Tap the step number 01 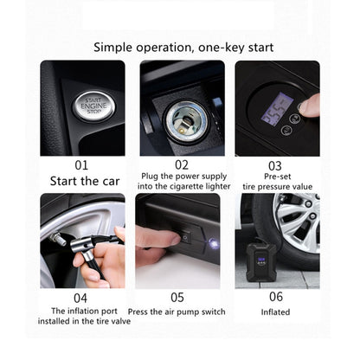(81, 164)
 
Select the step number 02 (181, 164)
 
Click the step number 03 (275, 164)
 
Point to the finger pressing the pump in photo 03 (309, 105)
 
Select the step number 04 (81, 296)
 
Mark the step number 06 (275, 296)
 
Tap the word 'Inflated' (275, 312)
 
